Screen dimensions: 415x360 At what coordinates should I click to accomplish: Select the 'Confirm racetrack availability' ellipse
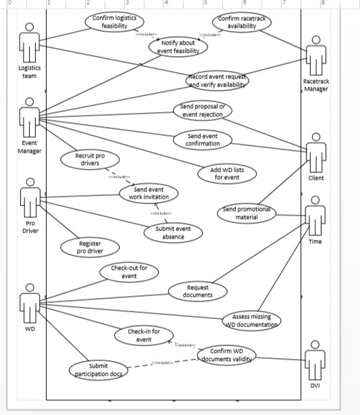click(237, 22)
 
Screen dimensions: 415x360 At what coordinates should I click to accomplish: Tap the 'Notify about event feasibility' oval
click(179, 47)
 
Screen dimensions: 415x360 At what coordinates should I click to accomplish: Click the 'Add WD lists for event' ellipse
click(227, 173)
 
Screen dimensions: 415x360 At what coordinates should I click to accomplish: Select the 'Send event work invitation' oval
click(150, 193)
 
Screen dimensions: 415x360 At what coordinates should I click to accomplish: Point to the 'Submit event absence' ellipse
click(173, 233)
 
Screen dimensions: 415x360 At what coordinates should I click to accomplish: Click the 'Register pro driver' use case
click(90, 247)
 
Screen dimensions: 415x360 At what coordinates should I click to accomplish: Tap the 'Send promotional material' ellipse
click(247, 213)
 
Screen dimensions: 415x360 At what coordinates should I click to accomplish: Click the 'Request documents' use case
click(198, 291)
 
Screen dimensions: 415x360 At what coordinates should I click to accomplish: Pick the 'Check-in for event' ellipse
click(144, 335)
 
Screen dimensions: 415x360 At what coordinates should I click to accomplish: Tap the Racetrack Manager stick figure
click(315, 58)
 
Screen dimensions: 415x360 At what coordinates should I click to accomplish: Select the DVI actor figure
click(315, 362)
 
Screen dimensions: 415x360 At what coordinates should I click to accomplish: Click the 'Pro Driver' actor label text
click(28, 226)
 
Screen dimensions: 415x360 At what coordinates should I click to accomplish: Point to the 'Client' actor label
click(315, 178)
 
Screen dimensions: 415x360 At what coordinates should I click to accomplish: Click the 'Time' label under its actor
click(315, 241)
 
